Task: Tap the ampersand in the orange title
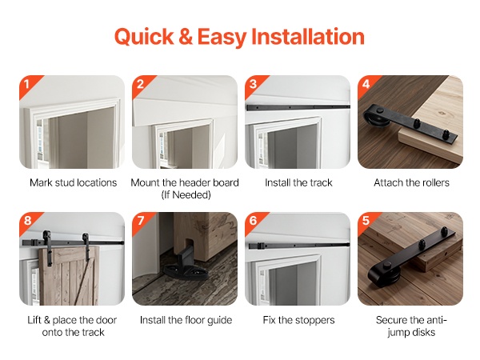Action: coord(186,37)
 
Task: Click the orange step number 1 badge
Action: coord(26,84)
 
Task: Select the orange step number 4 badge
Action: coord(366,84)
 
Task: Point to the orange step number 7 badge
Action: coord(140,221)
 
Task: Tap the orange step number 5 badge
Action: coord(366,221)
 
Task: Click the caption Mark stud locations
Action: coord(73,182)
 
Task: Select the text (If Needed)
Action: coord(186,194)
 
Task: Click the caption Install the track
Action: coord(298,182)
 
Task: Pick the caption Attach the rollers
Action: coord(411,182)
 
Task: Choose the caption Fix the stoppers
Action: coord(298,320)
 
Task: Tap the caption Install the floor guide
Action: coord(186,320)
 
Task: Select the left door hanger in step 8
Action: coord(48,248)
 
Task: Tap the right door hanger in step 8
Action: coord(86,245)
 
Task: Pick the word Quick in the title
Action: coord(144,38)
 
